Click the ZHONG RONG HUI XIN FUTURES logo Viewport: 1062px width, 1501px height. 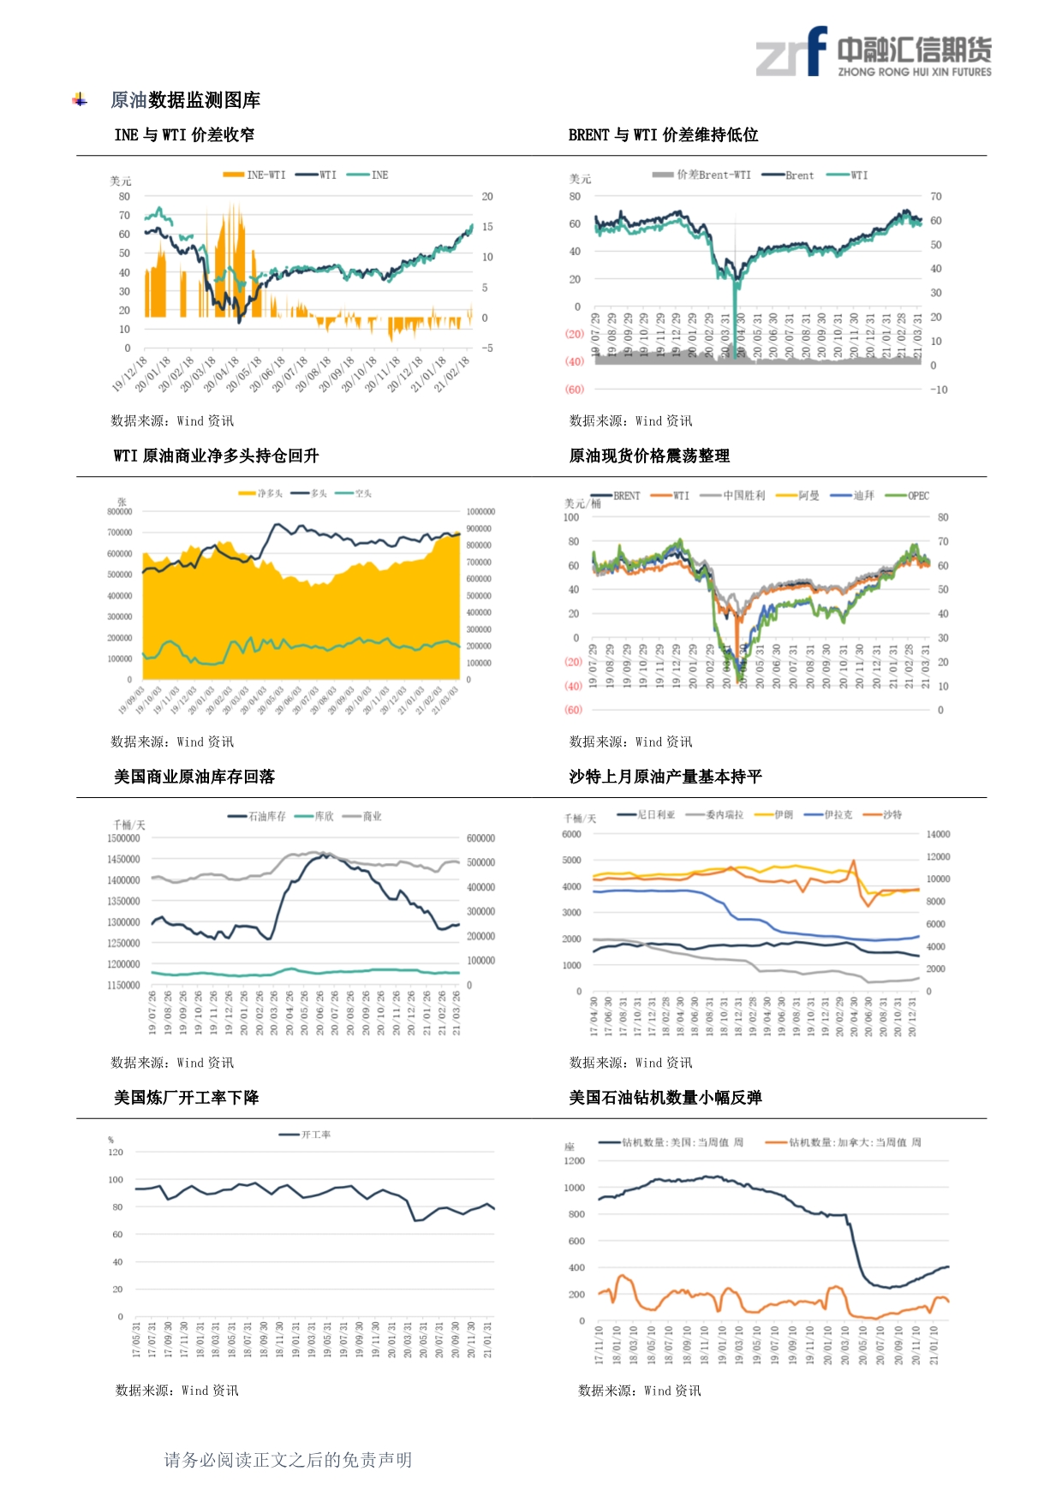point(874,53)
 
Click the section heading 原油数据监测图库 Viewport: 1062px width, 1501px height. point(185,100)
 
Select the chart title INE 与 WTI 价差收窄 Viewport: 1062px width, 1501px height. point(184,135)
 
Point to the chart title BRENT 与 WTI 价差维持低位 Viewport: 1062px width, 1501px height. point(663,135)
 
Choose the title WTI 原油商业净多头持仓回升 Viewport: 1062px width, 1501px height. point(216,456)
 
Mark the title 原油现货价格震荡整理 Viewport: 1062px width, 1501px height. point(649,456)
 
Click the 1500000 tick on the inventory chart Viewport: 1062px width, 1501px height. point(123,838)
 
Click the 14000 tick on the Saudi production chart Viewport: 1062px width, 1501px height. point(938,834)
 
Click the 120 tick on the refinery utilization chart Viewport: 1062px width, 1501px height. point(116,1153)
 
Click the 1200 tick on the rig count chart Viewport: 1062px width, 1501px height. point(575,1161)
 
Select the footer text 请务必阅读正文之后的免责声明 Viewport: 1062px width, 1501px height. point(288,1460)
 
